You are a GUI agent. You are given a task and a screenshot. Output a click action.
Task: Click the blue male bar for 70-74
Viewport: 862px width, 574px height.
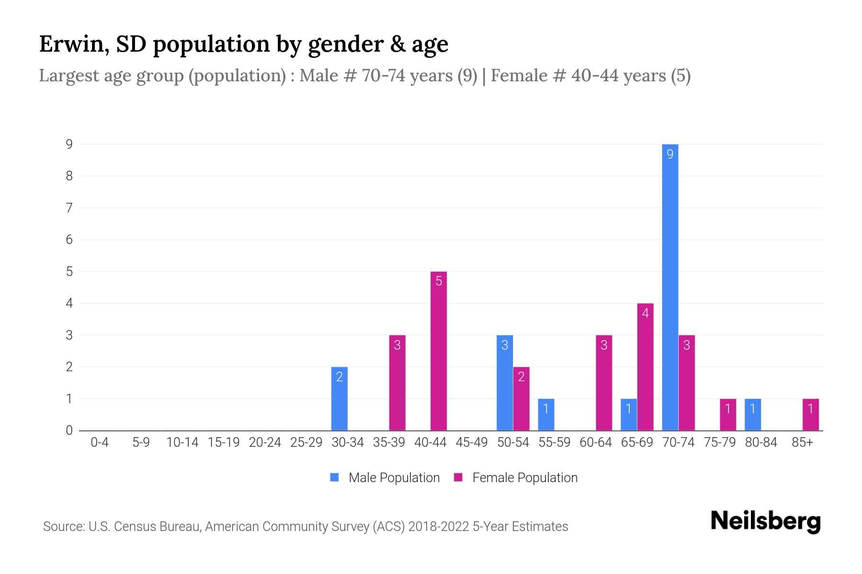(670, 287)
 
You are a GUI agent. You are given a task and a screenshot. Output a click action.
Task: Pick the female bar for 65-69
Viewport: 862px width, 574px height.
(645, 367)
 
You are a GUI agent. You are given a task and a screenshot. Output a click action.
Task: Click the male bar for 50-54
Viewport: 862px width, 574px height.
(505, 383)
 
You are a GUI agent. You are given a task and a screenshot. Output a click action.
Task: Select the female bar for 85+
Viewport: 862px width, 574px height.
(810, 414)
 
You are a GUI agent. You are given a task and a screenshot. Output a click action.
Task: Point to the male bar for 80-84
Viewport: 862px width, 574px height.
(753, 414)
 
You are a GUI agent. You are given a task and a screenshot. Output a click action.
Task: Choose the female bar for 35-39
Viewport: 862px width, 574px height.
(397, 383)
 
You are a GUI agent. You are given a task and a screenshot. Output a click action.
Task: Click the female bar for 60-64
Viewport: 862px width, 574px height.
(604, 383)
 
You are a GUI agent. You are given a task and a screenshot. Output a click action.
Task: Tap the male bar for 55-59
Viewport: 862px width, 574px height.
(546, 414)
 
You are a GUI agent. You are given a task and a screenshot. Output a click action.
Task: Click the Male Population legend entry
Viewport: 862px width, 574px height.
(385, 477)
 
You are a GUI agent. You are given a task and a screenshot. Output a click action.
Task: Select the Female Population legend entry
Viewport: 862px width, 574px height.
(516, 477)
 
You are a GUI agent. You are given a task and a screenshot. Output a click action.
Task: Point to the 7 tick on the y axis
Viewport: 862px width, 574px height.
(69, 208)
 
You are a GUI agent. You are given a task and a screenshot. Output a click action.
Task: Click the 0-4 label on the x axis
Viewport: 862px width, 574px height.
(100, 442)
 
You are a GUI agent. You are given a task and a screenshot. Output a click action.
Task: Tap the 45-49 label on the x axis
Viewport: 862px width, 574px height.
(472, 442)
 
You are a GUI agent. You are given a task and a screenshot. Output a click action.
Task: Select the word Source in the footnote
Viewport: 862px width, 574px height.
(63, 527)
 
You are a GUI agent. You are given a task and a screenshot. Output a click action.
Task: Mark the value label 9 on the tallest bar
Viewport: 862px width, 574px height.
(670, 154)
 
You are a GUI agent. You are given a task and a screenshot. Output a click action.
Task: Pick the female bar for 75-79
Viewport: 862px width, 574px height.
(728, 414)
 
